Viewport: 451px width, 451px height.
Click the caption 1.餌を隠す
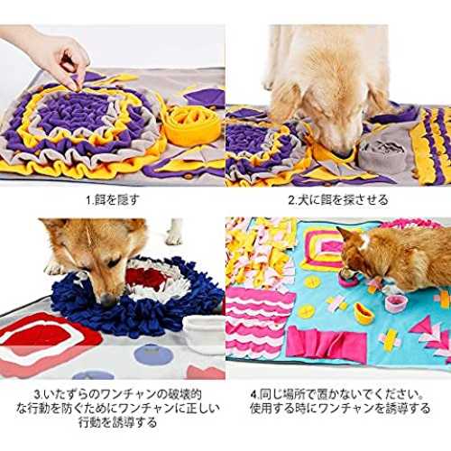point(113,200)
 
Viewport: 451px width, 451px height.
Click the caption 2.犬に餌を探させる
point(338,200)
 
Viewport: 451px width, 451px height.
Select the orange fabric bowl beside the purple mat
point(192,126)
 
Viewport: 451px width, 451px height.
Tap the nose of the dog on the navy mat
point(106,300)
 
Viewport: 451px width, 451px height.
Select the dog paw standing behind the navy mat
point(174,232)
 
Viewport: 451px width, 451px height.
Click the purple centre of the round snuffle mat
point(75,110)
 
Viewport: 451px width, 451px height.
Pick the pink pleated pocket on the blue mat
point(327,345)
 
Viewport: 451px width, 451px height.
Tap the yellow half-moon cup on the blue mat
point(364,314)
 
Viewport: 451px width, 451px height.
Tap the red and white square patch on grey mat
point(45,341)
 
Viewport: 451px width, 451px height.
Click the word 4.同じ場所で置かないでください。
point(337,394)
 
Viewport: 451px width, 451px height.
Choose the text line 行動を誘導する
point(117,422)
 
